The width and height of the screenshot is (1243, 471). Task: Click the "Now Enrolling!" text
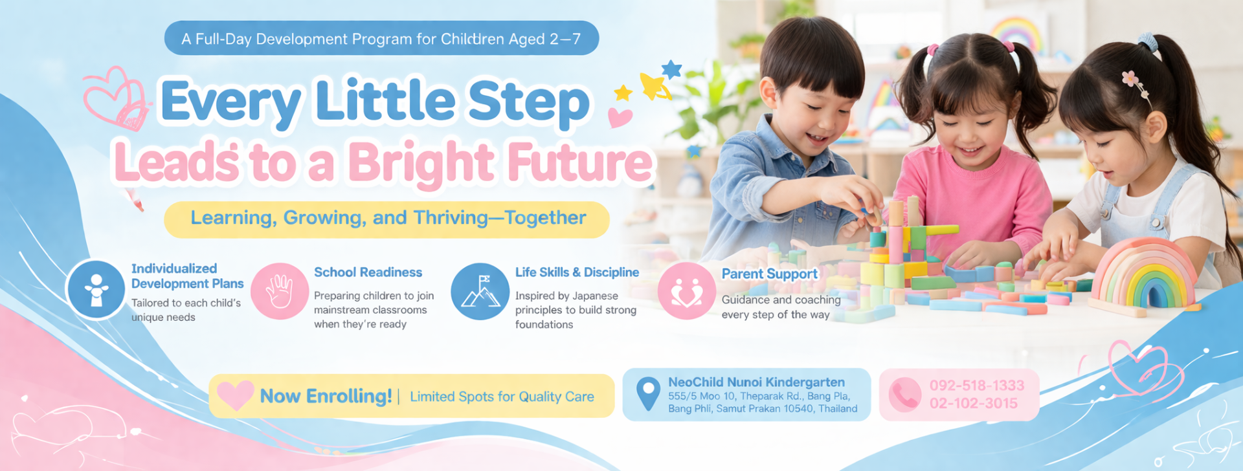click(326, 396)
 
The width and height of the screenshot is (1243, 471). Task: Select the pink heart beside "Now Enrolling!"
click(235, 395)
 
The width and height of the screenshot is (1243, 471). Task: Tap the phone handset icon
click(904, 395)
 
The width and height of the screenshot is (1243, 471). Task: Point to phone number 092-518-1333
click(977, 386)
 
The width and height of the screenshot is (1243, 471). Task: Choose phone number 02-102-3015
click(974, 403)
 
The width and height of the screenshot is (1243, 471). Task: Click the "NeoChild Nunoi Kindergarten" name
click(756, 382)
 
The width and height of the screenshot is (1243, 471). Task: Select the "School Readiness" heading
click(368, 272)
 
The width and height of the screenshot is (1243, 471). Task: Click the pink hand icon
click(280, 291)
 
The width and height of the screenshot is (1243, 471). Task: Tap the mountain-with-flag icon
click(480, 291)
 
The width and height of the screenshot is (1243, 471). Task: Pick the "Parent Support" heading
click(770, 274)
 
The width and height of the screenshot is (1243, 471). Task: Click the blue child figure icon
click(96, 290)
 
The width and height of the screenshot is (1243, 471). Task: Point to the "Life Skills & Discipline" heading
click(577, 272)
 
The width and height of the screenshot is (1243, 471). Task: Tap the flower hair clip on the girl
click(1130, 79)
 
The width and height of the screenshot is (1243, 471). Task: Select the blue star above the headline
click(671, 69)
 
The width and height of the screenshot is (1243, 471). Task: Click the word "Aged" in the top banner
click(526, 39)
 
